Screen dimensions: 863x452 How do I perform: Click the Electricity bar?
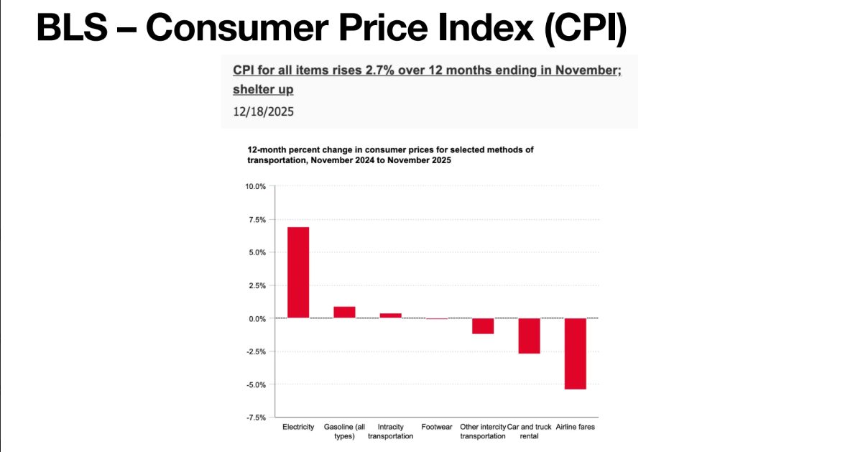point(298,272)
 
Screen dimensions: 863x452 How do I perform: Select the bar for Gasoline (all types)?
point(344,312)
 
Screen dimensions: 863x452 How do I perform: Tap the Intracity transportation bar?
point(391,315)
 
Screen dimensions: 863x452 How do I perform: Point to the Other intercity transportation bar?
point(483,326)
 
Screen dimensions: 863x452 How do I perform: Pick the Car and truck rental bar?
point(530,336)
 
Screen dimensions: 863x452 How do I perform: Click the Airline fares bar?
point(576,354)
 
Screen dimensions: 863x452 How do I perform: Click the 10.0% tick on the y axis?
point(255,187)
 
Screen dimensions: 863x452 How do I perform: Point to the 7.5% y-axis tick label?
point(257,220)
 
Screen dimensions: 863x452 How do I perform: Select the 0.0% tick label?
point(257,318)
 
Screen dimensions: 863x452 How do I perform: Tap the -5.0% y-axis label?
point(257,384)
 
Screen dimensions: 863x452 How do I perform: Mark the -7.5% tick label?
point(257,418)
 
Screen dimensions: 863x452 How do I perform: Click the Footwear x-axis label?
point(436,427)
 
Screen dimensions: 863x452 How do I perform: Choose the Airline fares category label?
point(575,427)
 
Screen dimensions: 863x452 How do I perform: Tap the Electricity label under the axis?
point(298,427)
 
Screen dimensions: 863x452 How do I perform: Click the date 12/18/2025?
point(263,112)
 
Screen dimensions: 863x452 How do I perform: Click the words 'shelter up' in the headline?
point(263,89)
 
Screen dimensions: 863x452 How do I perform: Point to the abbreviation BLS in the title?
point(72,27)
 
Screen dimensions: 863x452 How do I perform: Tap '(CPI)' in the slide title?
point(586,29)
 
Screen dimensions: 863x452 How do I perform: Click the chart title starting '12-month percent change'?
point(390,155)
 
